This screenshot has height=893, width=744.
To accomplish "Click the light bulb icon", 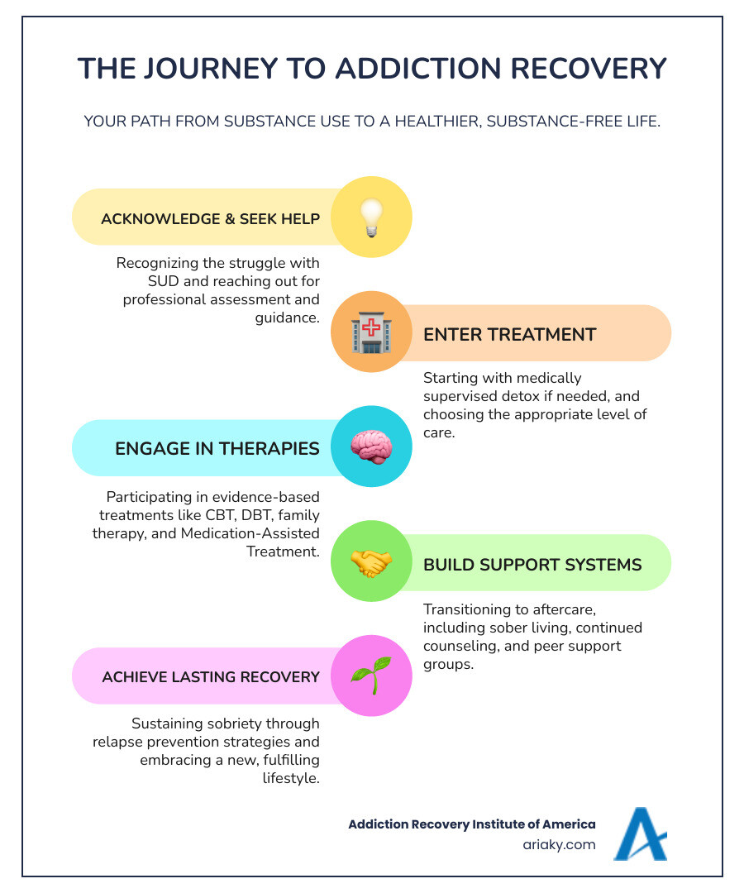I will click(371, 218).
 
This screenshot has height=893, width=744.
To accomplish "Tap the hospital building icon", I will click(371, 332).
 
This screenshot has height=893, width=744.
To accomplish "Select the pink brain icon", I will click(371, 447).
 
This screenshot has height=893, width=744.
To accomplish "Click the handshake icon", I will click(371, 562).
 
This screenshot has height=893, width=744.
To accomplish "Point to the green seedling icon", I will click(371, 676).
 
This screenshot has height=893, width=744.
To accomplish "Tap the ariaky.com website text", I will click(560, 845).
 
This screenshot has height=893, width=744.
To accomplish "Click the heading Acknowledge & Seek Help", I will click(210, 219).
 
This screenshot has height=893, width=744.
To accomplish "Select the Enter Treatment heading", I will click(509, 334).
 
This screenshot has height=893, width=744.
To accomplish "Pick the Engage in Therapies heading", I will click(217, 448).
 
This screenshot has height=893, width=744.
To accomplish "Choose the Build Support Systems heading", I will click(532, 564).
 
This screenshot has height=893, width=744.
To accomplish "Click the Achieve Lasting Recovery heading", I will click(211, 677).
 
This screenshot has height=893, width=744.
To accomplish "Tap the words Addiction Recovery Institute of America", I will click(471, 824).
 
